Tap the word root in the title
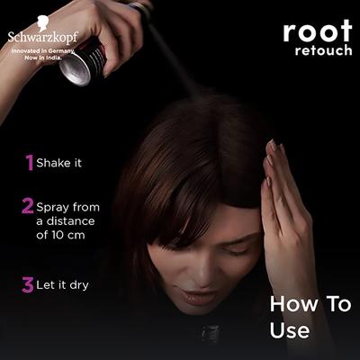317,31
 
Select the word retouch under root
323,50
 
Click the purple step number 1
29,162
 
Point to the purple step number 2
28,205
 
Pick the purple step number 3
28,285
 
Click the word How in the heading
290,304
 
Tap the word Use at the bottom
290,331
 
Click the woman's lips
194,295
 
